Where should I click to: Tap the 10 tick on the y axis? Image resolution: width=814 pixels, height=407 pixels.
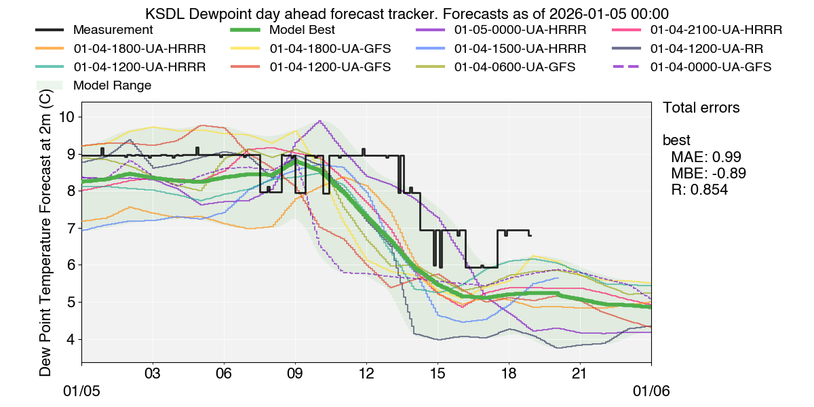[67, 117]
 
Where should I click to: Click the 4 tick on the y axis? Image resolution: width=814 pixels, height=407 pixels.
[71, 339]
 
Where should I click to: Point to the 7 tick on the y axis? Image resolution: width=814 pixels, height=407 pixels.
[71, 228]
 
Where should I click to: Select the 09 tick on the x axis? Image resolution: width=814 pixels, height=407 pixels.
[295, 374]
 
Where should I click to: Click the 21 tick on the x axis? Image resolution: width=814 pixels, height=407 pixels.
[580, 374]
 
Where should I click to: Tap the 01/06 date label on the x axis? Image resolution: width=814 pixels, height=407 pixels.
[651, 392]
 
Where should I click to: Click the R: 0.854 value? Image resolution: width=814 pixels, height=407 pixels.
[699, 191]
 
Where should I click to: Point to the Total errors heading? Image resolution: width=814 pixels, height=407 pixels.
[701, 108]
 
